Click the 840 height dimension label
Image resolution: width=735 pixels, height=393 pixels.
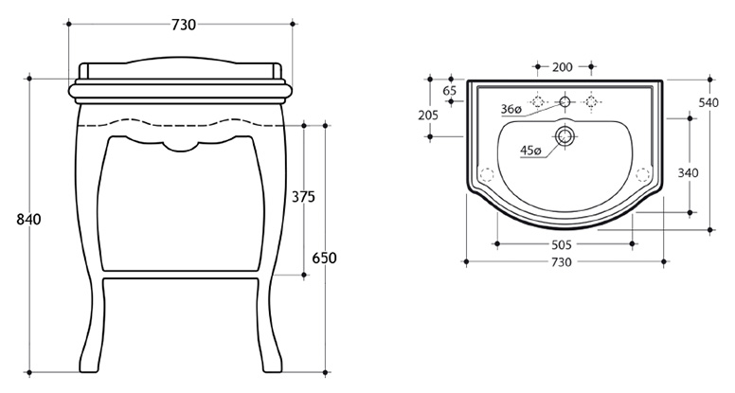29,219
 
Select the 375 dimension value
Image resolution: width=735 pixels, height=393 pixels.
303,197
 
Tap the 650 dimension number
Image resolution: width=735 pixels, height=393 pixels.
324,258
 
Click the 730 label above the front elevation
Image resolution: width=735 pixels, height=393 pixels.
184,25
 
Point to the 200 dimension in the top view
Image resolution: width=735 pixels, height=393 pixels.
562,67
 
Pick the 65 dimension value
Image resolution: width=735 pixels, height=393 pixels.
450,90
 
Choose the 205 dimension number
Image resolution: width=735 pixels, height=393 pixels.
428,115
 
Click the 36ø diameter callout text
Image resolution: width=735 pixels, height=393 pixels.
511,109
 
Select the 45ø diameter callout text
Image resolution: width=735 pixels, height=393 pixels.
530,151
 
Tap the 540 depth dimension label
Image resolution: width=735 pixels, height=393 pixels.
708,103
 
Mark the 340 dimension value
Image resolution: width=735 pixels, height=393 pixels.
689,173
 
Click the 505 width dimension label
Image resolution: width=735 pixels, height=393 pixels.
562,244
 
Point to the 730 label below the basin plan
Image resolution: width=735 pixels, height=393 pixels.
562,262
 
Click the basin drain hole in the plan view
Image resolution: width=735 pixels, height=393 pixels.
565,136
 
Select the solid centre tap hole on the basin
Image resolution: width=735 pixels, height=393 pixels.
565,101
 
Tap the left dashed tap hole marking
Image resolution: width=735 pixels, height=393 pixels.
538,101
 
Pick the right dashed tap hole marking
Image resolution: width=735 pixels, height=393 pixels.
591,101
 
